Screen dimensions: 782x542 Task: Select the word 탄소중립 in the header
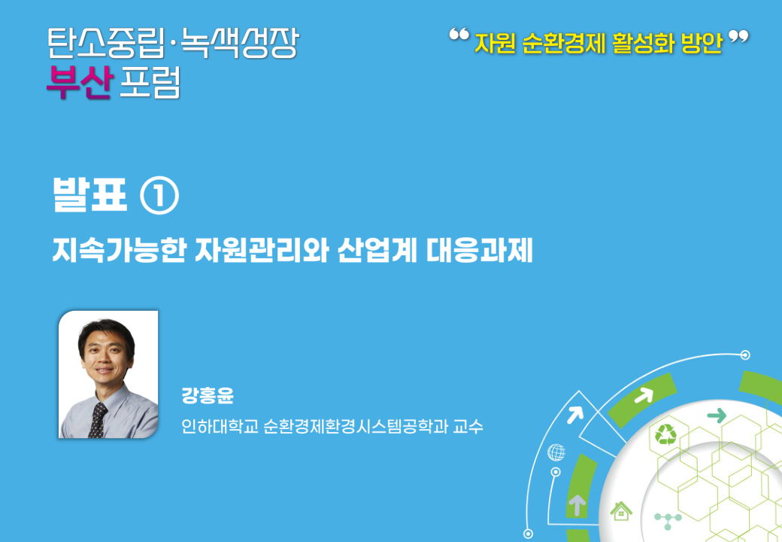106,43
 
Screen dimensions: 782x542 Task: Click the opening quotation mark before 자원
459,35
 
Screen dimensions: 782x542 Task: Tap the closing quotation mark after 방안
738,37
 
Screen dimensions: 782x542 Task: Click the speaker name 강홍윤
208,395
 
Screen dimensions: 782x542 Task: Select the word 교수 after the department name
468,426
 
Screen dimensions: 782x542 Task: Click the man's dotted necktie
98,420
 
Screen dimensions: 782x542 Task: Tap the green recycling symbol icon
665,434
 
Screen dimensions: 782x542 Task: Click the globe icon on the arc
556,452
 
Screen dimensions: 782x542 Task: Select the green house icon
621,511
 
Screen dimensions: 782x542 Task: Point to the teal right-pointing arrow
717,415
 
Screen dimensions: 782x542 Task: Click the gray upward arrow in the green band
577,504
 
